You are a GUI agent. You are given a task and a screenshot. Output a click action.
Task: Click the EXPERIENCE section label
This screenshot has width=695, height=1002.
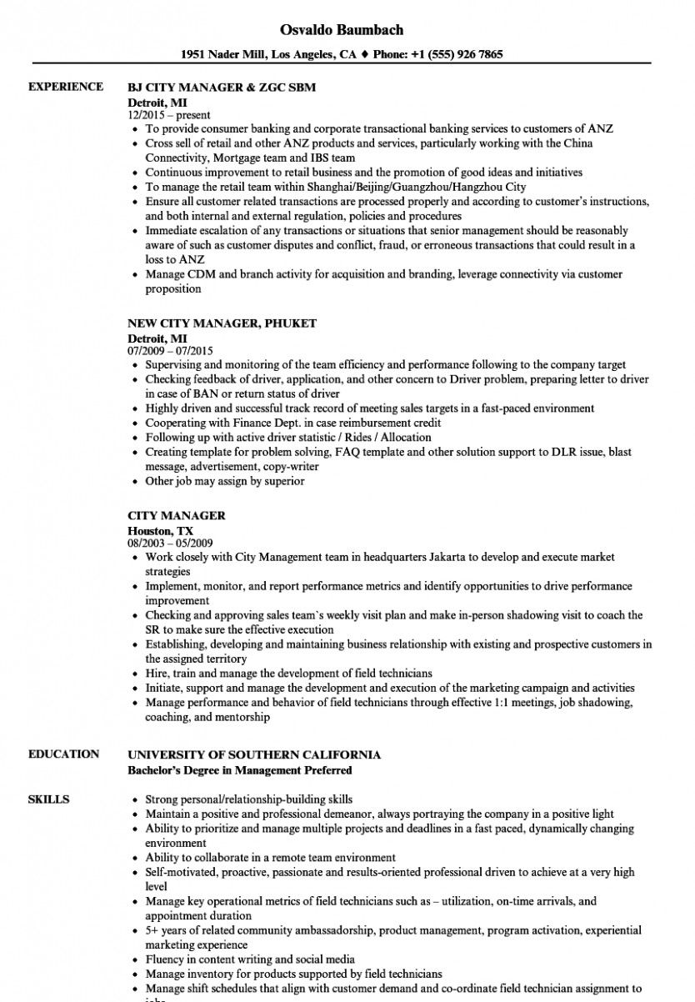[x=66, y=87]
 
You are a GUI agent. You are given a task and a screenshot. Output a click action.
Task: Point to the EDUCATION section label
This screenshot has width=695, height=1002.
[x=63, y=754]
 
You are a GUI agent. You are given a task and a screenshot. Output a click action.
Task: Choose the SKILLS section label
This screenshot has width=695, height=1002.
[x=48, y=799]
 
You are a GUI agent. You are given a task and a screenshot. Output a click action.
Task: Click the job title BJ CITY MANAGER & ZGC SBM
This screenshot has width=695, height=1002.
[x=221, y=87]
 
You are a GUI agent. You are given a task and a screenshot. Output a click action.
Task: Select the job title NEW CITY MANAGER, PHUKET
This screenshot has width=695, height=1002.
[x=222, y=323]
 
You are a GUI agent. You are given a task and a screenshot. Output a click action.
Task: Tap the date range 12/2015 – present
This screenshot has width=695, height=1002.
[x=169, y=115]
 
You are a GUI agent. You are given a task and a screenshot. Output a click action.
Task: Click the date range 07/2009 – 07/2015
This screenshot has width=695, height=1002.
[x=171, y=352]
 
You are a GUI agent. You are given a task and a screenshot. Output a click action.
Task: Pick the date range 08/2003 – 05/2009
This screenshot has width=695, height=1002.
[x=171, y=544]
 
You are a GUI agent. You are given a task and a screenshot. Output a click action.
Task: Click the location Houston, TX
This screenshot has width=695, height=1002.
[x=160, y=530]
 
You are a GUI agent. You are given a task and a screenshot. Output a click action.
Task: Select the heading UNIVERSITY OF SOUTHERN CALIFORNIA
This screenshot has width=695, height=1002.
[x=254, y=754]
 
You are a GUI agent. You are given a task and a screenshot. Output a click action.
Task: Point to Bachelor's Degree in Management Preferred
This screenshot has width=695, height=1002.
[x=239, y=770]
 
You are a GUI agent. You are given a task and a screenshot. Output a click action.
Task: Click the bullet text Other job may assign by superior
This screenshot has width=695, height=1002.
[x=225, y=481]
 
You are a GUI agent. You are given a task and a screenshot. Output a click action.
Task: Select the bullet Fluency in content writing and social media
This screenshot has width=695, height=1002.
[x=250, y=959]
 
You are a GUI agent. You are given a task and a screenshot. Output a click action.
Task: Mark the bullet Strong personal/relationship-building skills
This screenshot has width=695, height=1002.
[x=248, y=799]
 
